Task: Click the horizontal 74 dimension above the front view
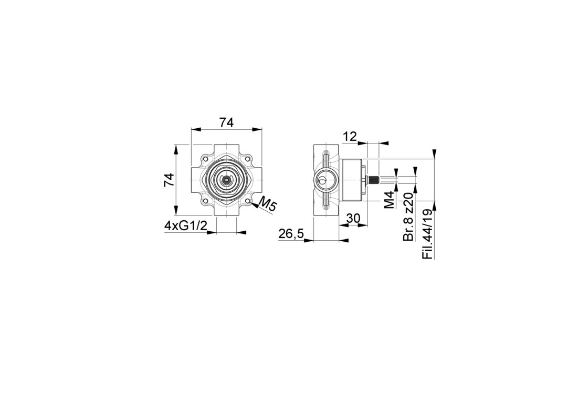pos(226,122)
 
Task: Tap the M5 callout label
pos(268,205)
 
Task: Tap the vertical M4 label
pos(388,201)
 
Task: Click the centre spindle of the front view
pos(226,179)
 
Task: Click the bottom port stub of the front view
pos(226,210)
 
